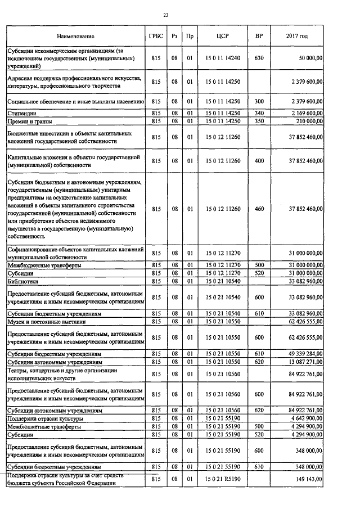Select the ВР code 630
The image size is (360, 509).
pos(259,57)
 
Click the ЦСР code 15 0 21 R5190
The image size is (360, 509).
pos(222,479)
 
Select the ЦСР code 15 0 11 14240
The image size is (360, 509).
pos(222,57)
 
